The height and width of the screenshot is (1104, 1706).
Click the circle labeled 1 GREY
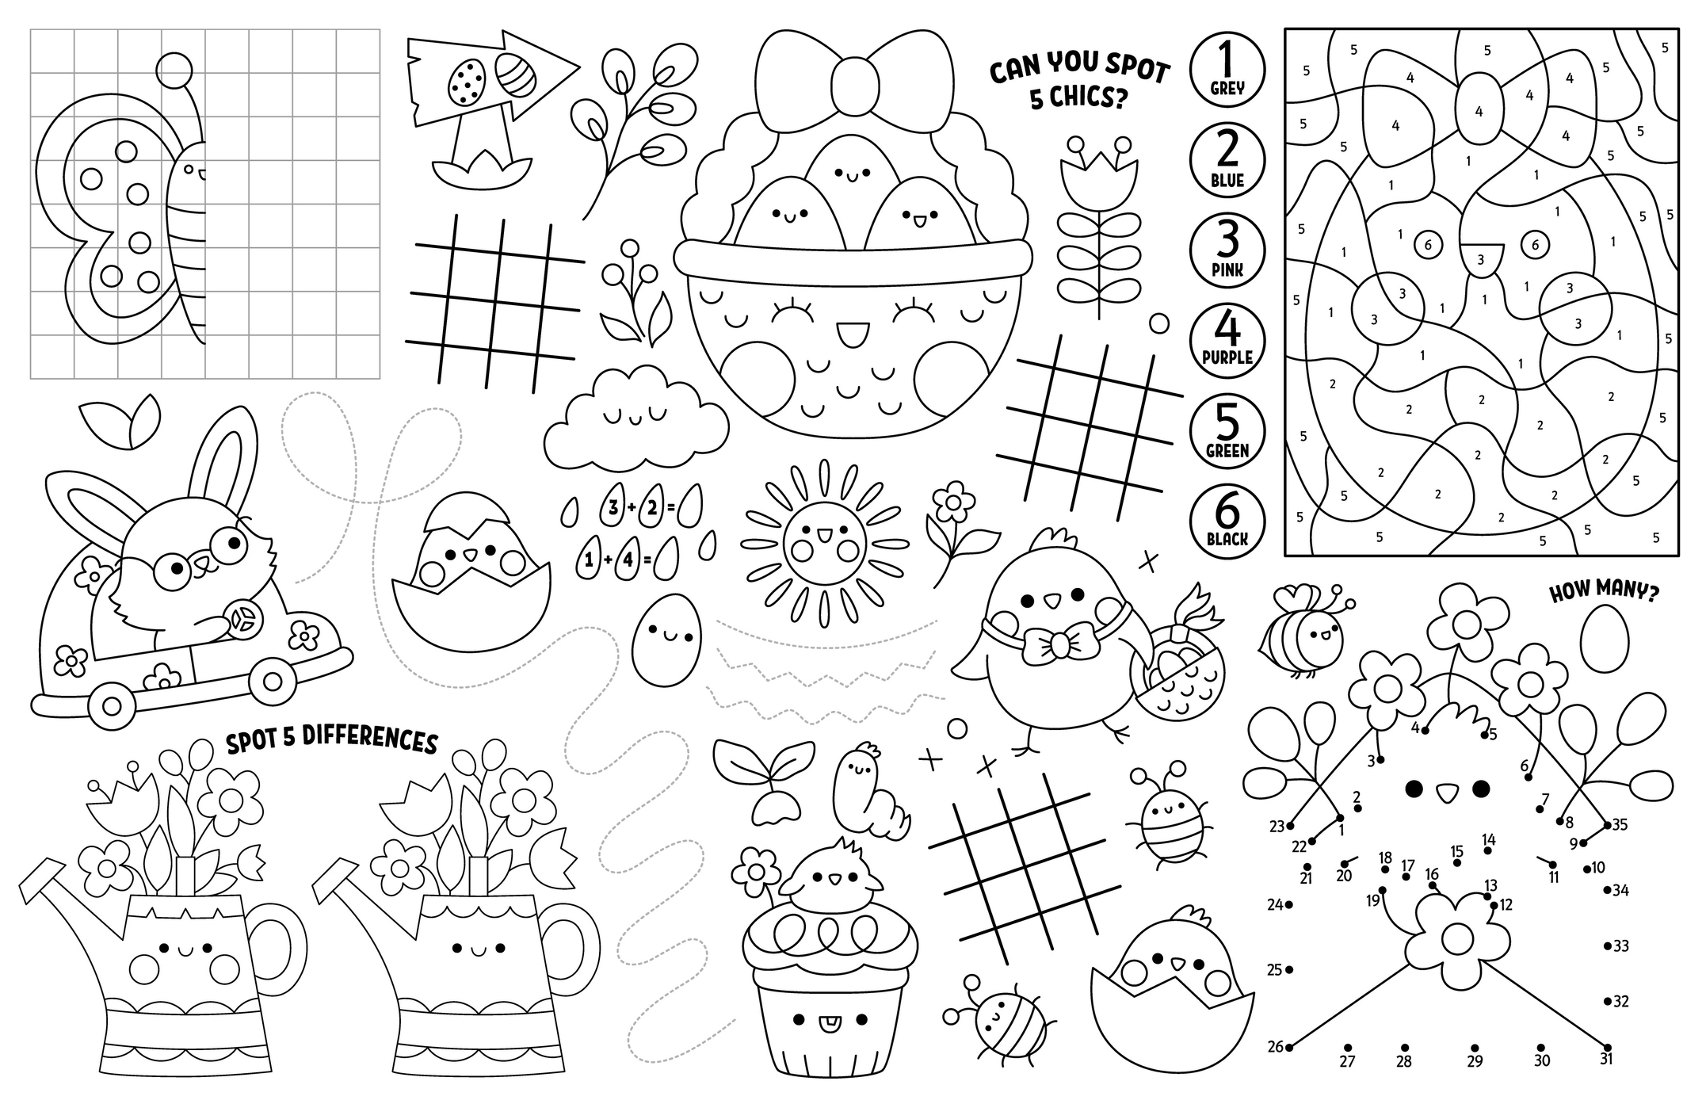(x=1227, y=69)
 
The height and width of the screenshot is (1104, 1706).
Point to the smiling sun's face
(x=824, y=543)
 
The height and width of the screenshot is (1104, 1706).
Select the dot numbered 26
(x=1289, y=1047)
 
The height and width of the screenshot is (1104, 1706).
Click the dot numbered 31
(x=1608, y=1047)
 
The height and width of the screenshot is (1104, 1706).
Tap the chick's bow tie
(x=1058, y=642)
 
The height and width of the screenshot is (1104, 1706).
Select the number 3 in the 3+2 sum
(x=613, y=508)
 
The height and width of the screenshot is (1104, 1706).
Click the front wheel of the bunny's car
(x=273, y=681)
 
